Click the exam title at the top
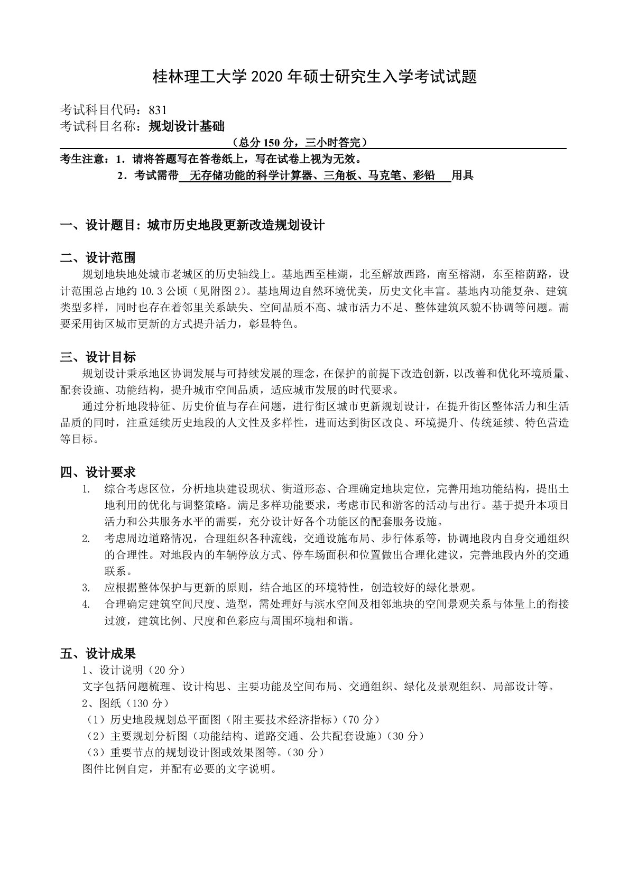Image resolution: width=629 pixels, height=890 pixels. (x=314, y=78)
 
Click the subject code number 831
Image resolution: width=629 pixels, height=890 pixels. (x=158, y=110)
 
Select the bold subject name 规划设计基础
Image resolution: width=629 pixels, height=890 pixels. (x=179, y=126)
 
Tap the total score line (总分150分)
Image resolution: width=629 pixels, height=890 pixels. (x=299, y=142)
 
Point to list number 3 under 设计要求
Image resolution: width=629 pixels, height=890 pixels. (x=85, y=588)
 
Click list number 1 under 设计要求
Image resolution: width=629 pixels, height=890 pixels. (x=85, y=489)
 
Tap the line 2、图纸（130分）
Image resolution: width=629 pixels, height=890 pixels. (x=126, y=703)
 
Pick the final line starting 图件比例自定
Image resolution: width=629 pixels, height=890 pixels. (x=180, y=768)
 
